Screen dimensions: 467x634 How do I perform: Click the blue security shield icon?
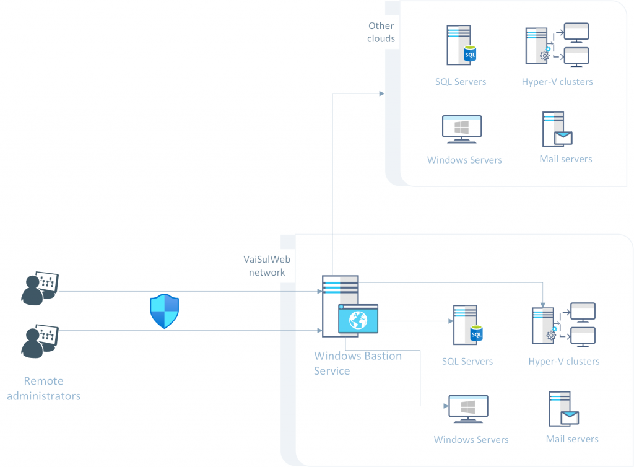164,311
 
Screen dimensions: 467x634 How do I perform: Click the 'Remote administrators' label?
43,388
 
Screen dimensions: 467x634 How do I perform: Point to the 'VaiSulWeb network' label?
267,266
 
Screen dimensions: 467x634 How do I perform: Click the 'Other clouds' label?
381,32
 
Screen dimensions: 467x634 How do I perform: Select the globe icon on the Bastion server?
358,320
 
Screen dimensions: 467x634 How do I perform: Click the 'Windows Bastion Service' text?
357,364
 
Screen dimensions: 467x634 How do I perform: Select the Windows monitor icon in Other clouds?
462,129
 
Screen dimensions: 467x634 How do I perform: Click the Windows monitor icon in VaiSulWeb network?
468,409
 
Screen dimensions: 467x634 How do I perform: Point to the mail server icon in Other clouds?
556,129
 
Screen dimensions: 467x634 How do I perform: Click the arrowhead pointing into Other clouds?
381,94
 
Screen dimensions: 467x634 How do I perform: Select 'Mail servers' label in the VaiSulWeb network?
572,439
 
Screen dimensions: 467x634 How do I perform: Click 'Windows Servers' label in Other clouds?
464,160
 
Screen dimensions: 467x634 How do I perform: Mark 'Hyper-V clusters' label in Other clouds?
557,82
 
